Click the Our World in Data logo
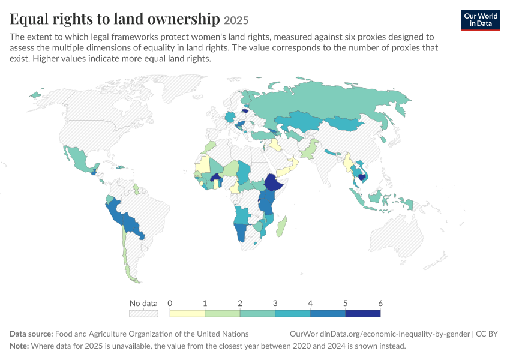click(481, 20)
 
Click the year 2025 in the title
click(236, 20)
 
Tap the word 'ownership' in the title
click(184, 19)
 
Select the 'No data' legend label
click(143, 303)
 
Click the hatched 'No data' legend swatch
click(143, 313)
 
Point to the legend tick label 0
click(170, 303)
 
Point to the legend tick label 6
click(380, 303)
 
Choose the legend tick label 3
click(275, 303)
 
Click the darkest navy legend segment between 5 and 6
click(362, 313)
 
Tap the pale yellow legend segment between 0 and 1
click(187, 313)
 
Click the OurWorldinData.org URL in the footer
click(380, 334)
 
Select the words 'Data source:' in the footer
click(31, 334)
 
